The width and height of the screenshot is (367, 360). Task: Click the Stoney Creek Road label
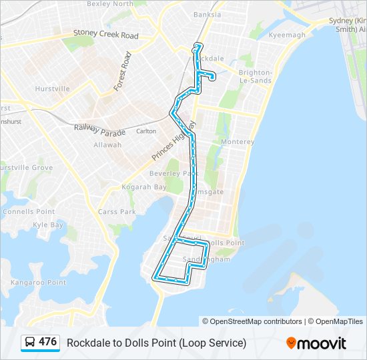click(105, 33)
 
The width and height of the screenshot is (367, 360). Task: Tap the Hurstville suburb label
click(52, 89)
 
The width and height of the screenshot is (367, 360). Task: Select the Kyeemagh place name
click(286, 35)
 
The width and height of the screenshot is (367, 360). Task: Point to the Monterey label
click(238, 142)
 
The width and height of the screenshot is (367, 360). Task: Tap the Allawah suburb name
click(107, 145)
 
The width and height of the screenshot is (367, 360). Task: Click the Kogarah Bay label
click(143, 187)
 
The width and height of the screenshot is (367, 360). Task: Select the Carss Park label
click(117, 212)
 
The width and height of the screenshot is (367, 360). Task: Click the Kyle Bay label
click(47, 225)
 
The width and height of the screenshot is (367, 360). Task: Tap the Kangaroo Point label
click(39, 283)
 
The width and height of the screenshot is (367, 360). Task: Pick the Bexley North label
click(110, 4)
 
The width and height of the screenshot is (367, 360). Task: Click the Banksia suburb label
click(206, 14)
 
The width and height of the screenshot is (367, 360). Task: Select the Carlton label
click(145, 131)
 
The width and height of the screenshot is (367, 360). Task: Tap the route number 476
click(48, 342)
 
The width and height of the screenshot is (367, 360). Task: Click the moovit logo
click(316, 343)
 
